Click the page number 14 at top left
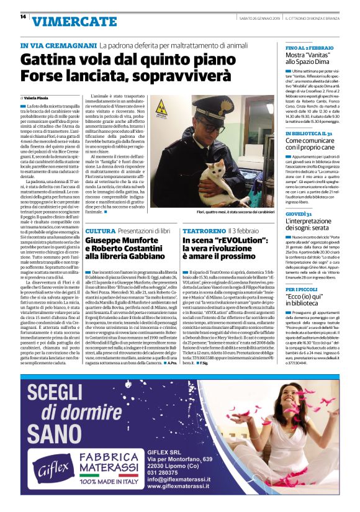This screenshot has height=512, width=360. (23, 17)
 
